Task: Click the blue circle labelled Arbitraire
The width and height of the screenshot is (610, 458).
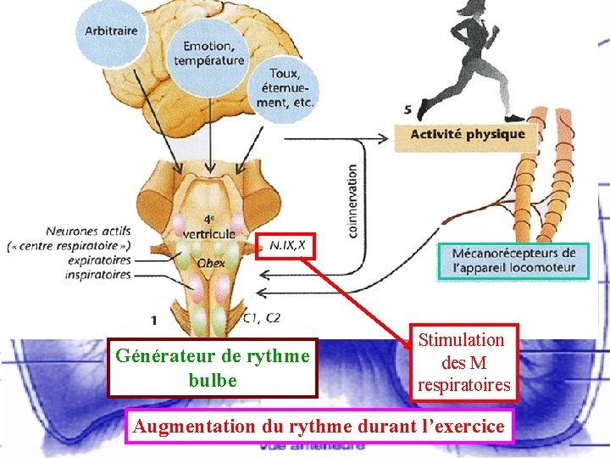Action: (x=110, y=33)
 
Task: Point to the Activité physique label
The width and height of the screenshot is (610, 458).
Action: (x=468, y=134)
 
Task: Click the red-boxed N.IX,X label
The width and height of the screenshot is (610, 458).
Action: (x=286, y=246)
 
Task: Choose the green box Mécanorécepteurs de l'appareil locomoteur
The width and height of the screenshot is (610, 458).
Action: (x=513, y=260)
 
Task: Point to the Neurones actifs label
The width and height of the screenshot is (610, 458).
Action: (x=83, y=231)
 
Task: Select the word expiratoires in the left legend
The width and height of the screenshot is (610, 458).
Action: (x=100, y=260)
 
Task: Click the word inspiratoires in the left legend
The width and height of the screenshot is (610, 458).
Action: (x=100, y=275)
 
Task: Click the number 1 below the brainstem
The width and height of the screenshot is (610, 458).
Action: (x=152, y=320)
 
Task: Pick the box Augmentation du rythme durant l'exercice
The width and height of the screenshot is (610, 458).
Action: (x=319, y=426)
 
